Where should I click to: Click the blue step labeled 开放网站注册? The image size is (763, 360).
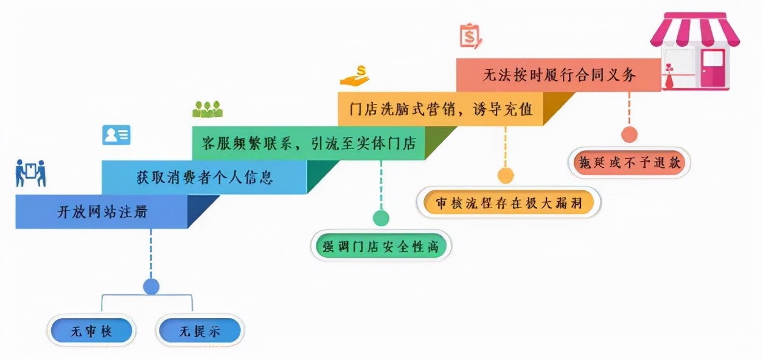click(x=102, y=212)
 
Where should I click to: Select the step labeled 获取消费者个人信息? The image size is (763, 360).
click(x=204, y=178)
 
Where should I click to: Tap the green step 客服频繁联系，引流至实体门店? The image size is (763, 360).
click(x=308, y=144)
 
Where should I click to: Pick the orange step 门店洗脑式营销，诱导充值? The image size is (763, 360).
click(x=441, y=109)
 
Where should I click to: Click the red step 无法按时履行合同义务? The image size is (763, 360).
click(x=559, y=75)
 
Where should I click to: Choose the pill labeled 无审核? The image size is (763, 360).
click(x=91, y=331)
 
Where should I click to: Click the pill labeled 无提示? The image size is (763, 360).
click(x=199, y=331)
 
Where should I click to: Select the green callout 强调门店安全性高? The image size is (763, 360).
click(x=381, y=246)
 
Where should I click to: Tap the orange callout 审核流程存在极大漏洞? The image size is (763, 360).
click(x=509, y=202)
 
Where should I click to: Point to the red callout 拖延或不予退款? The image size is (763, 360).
click(x=630, y=162)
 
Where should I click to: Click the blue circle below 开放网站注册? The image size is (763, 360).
click(x=151, y=286)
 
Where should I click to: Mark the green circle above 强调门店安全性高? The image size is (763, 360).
click(x=381, y=218)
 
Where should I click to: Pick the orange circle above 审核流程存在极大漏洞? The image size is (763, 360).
click(x=505, y=176)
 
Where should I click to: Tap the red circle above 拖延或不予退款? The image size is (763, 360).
click(x=629, y=134)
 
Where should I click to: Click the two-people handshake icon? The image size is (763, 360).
click(x=30, y=173)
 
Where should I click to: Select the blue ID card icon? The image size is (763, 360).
click(x=116, y=134)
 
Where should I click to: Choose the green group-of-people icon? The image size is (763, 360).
click(x=207, y=109)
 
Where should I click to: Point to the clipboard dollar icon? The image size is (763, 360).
click(x=470, y=35)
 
